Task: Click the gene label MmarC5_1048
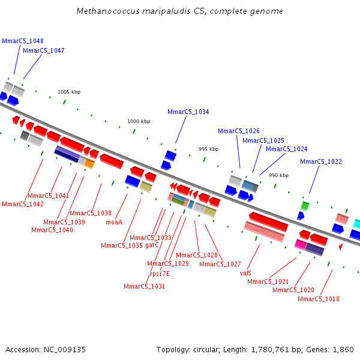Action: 23,41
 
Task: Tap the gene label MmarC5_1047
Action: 44,50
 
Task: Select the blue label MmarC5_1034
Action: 188,112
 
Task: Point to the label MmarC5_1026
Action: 239,131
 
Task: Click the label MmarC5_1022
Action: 321,161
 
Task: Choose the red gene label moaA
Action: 114,222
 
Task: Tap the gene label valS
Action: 245,273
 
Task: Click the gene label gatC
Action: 152,245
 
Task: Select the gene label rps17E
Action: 160,274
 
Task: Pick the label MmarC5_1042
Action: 23,204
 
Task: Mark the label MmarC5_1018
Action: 319,299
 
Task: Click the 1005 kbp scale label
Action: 69,92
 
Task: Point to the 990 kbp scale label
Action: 278,175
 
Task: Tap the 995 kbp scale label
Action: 209,149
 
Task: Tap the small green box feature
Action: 305,206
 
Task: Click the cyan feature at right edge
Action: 356,224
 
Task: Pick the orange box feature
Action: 89,163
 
